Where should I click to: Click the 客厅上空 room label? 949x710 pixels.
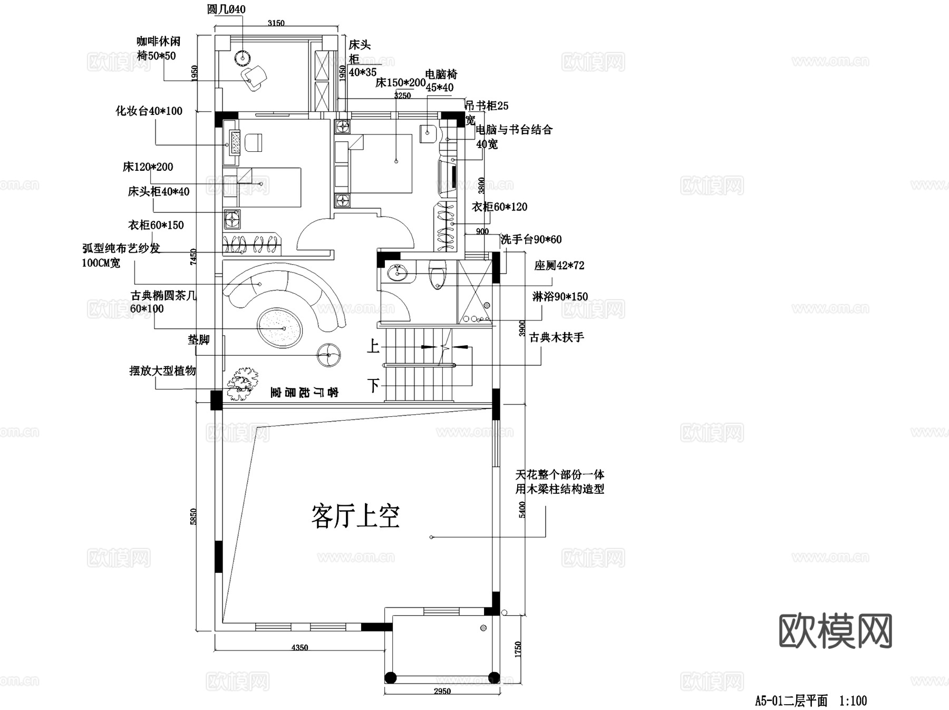pyautogui.click(x=355, y=516)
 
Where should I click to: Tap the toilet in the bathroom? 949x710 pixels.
pyautogui.click(x=437, y=276)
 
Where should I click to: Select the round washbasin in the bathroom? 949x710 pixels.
pyautogui.click(x=397, y=273)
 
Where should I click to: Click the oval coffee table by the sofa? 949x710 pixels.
pyautogui.click(x=280, y=328)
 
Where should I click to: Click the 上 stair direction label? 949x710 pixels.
pyautogui.click(x=373, y=346)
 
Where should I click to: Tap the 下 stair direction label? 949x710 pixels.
pyautogui.click(x=373, y=385)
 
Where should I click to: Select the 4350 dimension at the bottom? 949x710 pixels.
pyautogui.click(x=299, y=647)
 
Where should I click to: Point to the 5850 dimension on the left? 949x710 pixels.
pyautogui.click(x=193, y=516)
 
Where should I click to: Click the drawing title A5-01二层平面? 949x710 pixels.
pyautogui.click(x=791, y=701)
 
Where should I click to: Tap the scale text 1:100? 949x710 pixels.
pyautogui.click(x=853, y=701)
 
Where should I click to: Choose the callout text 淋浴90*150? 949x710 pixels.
pyautogui.click(x=560, y=297)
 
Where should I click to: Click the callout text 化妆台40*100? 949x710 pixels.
pyautogui.click(x=149, y=111)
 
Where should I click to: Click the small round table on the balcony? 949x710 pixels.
pyautogui.click(x=243, y=56)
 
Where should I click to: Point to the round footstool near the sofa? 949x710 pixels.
pyautogui.click(x=329, y=355)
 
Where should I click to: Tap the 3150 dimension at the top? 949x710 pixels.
pyautogui.click(x=276, y=23)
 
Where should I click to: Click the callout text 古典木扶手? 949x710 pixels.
pyautogui.click(x=556, y=337)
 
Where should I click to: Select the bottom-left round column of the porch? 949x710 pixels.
pyautogui.click(x=390, y=677)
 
